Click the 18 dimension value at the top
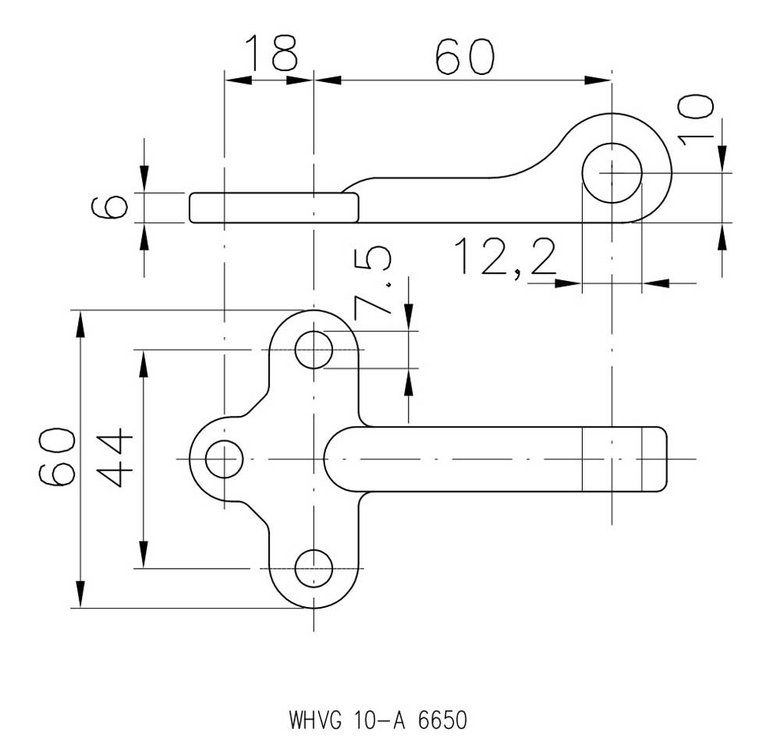pyautogui.click(x=271, y=52)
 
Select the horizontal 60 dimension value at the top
pyautogui.click(x=465, y=56)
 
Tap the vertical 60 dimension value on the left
pyautogui.click(x=57, y=456)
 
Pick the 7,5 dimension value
pyautogui.click(x=373, y=283)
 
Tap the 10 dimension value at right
pyautogui.click(x=696, y=120)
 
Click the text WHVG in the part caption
pyautogui.click(x=316, y=720)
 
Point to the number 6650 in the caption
pyautogui.click(x=443, y=720)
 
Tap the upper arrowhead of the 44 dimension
pyautogui.click(x=144, y=364)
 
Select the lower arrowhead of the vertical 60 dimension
pyautogui.click(x=80, y=595)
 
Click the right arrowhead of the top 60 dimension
pyautogui.click(x=597, y=80)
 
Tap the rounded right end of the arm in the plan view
pyautogui.click(x=665, y=459)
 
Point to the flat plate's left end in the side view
pyautogui.click(x=190, y=208)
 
